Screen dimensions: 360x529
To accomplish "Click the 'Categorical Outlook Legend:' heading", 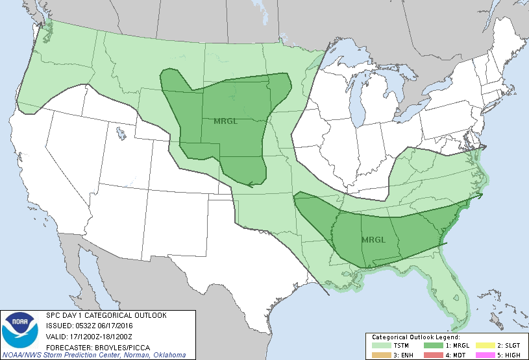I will [x=416, y=337].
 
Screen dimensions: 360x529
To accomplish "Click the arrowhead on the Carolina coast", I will [x=481, y=193].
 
